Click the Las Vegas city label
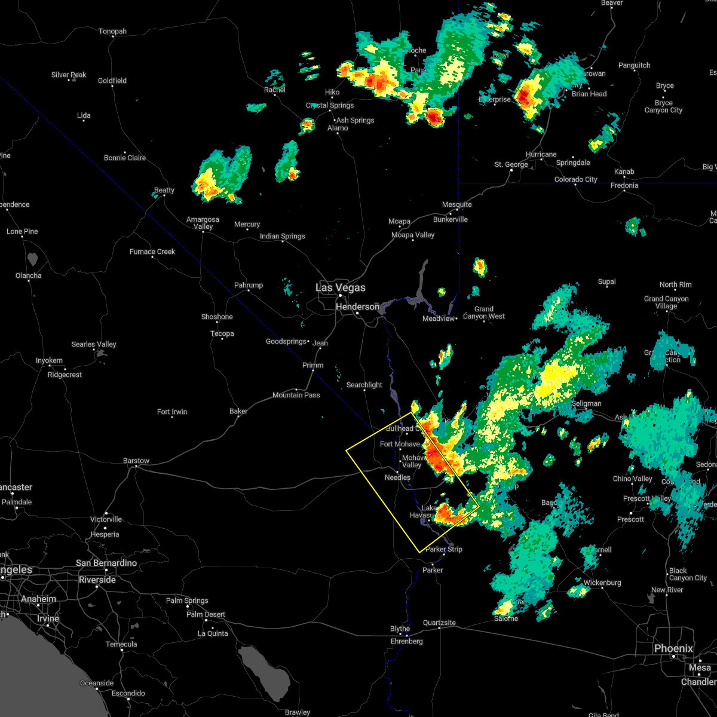340,287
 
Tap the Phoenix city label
673,648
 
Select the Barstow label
136,461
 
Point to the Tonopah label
112,31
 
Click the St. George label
511,164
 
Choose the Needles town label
397,477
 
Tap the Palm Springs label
187,600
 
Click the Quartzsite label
439,623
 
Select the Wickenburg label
602,583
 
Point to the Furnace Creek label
152,252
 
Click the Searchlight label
364,385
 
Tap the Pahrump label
248,285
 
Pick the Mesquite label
456,204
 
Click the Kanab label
624,171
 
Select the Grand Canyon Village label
666,302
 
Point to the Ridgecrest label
65,375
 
